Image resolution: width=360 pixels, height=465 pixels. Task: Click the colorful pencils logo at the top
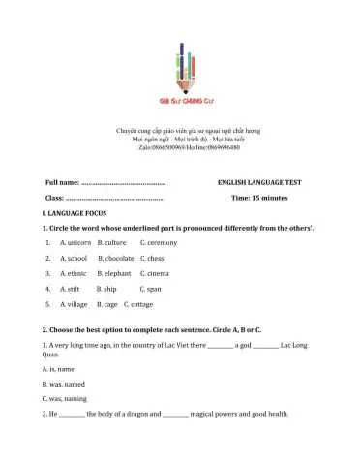pos(180,66)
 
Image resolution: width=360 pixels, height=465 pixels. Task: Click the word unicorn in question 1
pos(77,242)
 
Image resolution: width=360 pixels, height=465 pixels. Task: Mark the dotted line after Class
pos(113,198)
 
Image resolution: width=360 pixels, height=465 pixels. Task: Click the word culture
pos(115,242)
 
